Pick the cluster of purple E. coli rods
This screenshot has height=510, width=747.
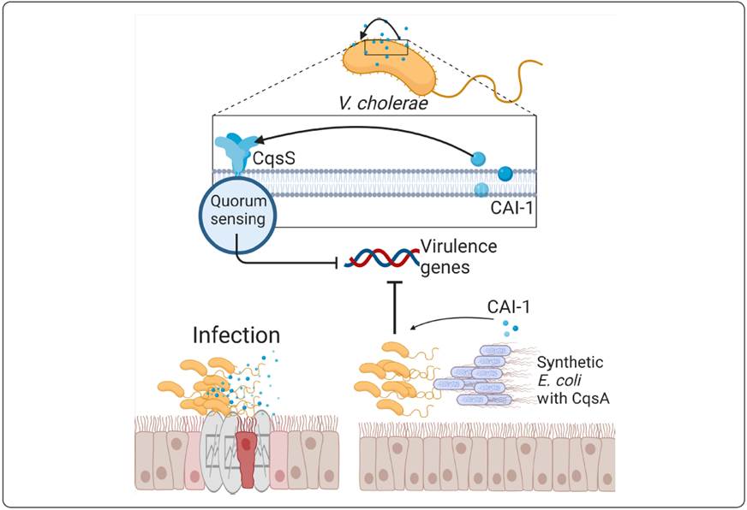point(480,377)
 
